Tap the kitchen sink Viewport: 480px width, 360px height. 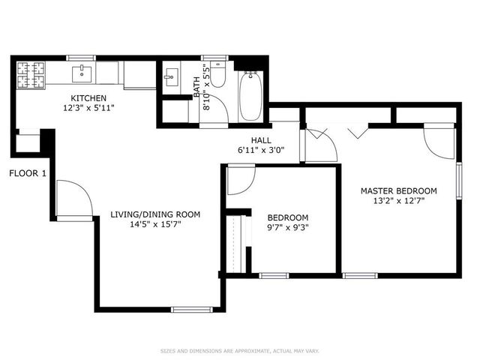click(81, 73)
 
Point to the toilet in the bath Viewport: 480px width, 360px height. click(218, 76)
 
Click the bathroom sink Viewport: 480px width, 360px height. click(171, 76)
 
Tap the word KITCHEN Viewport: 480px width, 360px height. click(88, 98)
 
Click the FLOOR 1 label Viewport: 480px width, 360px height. click(28, 173)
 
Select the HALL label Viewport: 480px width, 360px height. click(261, 140)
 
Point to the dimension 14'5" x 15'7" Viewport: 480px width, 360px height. click(155, 224)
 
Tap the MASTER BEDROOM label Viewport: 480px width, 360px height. click(398, 190)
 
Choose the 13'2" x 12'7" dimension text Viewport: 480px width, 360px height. click(398, 200)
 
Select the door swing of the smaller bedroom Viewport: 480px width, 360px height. click(240, 178)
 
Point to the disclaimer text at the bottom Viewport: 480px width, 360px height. click(239, 350)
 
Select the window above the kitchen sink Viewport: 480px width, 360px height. click(81, 58)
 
